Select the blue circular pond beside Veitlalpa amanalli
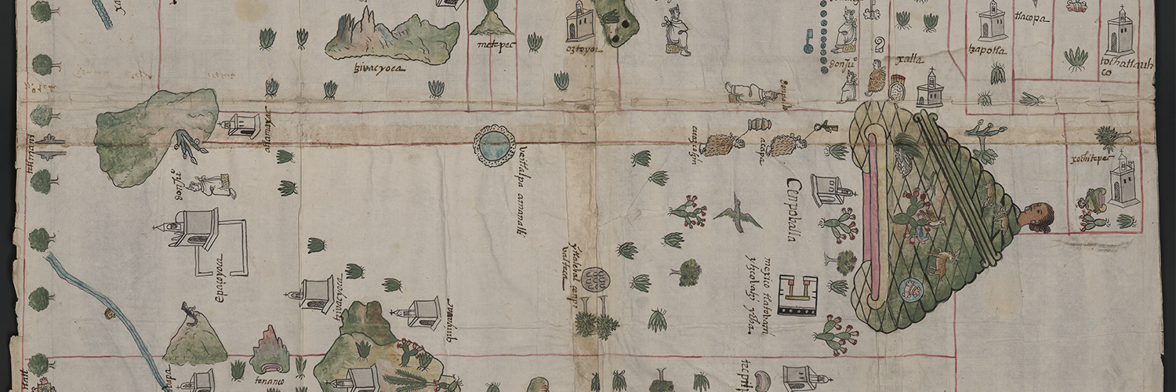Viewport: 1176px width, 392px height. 494,145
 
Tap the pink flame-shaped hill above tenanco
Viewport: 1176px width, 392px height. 270,350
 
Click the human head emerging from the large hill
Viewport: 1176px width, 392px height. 1036,216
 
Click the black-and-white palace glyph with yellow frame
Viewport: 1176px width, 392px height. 797,295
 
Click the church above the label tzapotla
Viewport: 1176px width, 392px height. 992,21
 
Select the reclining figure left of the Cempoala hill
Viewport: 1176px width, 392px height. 751,93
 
